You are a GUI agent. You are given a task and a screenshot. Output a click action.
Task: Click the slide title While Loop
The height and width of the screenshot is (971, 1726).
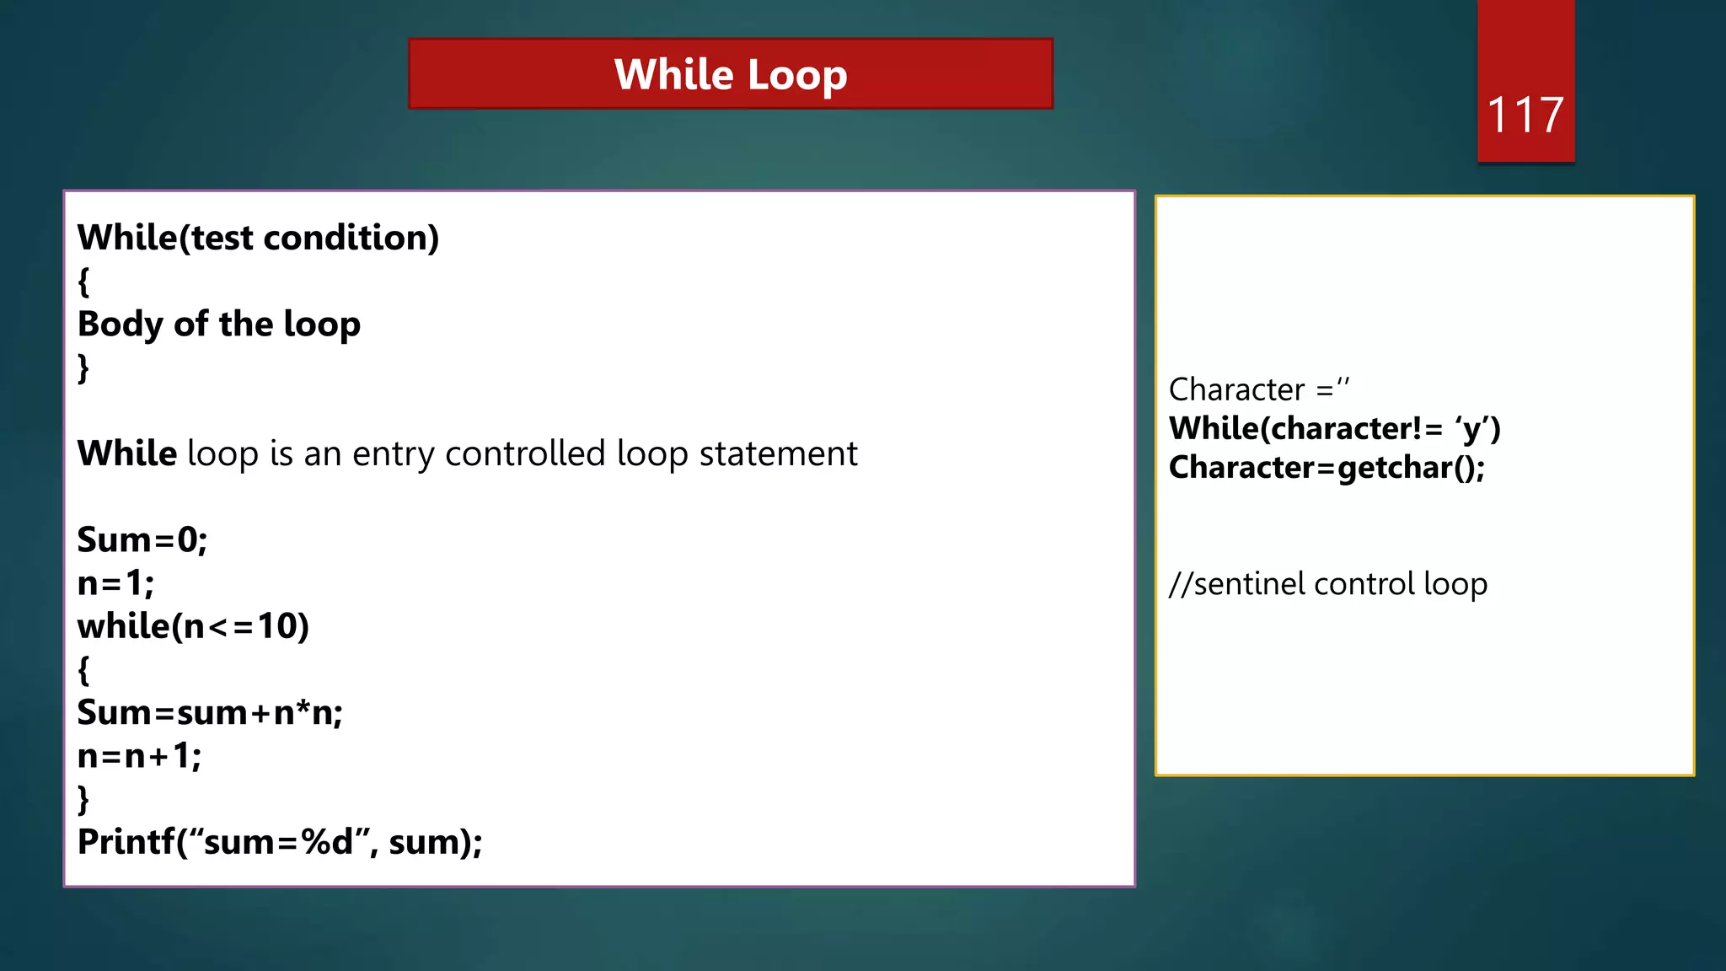[730, 74]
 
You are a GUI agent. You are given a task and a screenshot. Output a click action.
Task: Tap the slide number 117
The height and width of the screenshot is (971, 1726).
[1525, 115]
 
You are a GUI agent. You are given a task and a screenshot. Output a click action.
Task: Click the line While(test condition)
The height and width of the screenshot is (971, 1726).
[258, 239]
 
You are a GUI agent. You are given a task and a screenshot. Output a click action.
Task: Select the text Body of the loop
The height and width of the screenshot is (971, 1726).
[219, 325]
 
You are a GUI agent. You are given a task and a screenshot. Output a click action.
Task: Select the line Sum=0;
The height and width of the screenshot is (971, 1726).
[142, 540]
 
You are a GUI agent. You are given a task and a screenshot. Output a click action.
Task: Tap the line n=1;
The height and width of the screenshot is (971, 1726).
[115, 583]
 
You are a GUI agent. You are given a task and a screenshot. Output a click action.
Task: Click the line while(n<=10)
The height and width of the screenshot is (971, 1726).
[193, 626]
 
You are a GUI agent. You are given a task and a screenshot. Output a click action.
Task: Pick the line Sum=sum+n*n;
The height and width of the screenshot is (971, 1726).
[210, 713]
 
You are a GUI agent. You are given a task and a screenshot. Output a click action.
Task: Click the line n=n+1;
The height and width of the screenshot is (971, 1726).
[139, 756]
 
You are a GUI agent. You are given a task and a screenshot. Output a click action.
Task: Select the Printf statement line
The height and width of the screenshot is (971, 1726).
[280, 842]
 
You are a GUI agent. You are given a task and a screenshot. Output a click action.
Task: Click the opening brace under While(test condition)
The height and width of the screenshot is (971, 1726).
[83, 282]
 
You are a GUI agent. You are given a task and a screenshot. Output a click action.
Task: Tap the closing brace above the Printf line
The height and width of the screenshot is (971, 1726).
[83, 799]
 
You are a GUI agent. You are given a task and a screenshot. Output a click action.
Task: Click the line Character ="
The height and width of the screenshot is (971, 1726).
[1258, 389]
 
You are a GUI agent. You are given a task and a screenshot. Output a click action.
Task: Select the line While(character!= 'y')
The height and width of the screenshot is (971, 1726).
[1334, 429]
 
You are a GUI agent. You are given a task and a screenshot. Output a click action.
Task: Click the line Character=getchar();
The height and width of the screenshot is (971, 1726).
[1327, 468]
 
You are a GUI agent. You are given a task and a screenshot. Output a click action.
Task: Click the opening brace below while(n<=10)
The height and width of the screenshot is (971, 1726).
[83, 670]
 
